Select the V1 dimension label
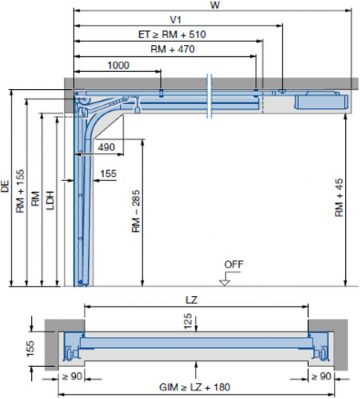176,19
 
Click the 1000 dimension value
117,63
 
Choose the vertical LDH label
52,205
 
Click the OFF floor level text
233,265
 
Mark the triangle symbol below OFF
224,279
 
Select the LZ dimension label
191,300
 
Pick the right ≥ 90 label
320,376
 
